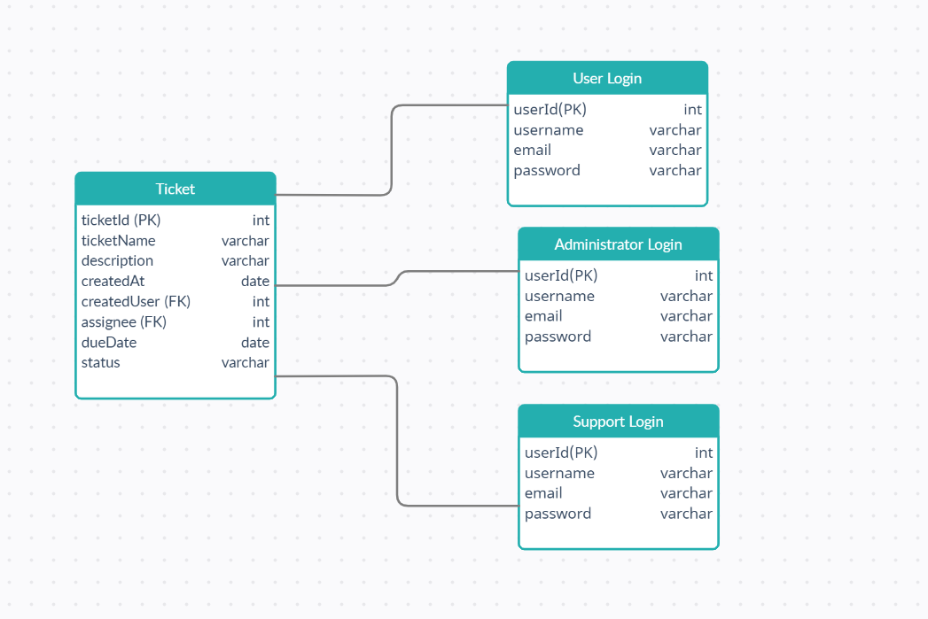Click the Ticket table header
(x=175, y=189)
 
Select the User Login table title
(x=607, y=78)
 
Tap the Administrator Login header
(x=618, y=244)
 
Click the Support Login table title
(x=618, y=422)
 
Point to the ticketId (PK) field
(x=121, y=220)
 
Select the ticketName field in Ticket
(x=118, y=240)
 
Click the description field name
(x=117, y=260)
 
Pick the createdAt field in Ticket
(x=113, y=281)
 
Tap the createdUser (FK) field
(x=136, y=301)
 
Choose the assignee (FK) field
(x=123, y=321)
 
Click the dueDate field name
(x=108, y=342)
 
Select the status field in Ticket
(x=100, y=362)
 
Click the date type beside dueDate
(x=254, y=342)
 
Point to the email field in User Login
(x=532, y=150)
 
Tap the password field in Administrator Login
(x=558, y=337)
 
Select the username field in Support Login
(x=559, y=473)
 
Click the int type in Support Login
(x=703, y=453)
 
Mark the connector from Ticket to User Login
(x=391, y=151)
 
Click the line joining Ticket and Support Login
(x=397, y=443)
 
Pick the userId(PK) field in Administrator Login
(x=561, y=275)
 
